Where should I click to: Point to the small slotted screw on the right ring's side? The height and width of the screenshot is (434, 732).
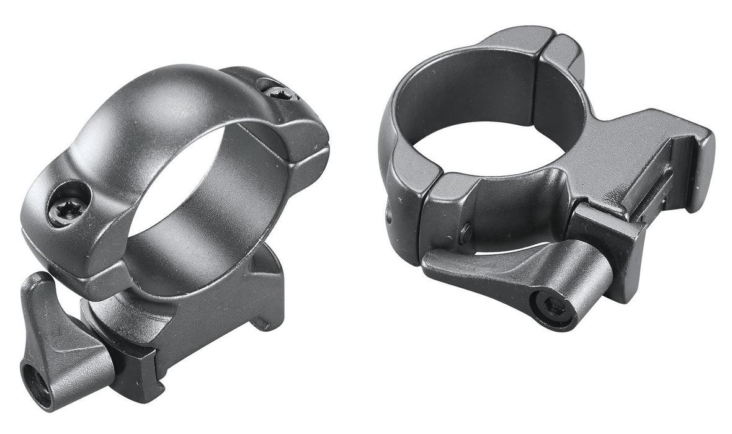point(466,232)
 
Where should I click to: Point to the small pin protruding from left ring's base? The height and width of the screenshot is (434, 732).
point(264,323)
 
